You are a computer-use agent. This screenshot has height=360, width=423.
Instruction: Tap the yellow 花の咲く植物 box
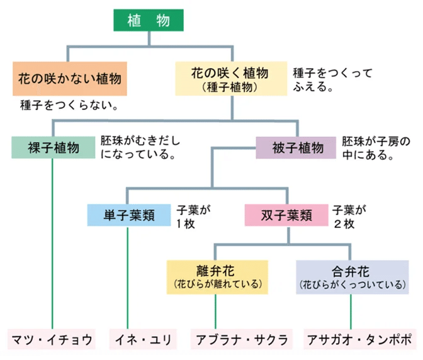click(232, 78)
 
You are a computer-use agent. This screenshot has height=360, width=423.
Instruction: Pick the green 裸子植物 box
click(53, 148)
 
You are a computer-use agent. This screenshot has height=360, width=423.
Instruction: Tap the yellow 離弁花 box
click(217, 278)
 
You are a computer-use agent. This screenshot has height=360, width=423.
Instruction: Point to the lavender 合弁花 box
click(351, 278)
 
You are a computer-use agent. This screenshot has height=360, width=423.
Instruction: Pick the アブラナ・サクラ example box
click(239, 340)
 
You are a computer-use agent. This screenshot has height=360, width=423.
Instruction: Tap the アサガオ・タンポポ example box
click(360, 340)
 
